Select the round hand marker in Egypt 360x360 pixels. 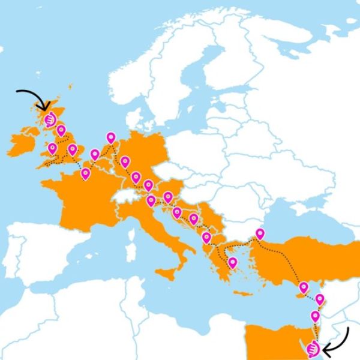pos(312,349)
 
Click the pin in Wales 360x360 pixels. pos(52,148)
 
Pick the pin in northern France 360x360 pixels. pos(85,173)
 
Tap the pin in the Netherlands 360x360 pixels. pos(110,138)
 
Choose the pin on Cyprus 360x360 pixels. pos(304,287)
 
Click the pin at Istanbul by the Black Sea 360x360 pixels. pos(260,233)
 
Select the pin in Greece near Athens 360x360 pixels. pos(232,262)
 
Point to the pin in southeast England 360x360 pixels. pos(73,149)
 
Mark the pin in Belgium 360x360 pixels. pos(95,154)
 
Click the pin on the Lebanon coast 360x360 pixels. pos(320,299)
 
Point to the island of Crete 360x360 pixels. pos(243,293)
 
